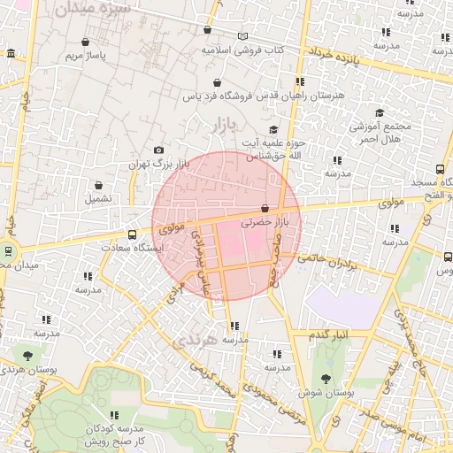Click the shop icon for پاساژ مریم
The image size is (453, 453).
tap(85, 42)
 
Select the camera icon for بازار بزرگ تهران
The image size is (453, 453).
tap(158, 150)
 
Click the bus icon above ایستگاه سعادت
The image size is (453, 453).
tap(132, 234)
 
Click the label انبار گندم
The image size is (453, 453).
tap(329, 335)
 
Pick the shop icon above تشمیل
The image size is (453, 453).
tap(98, 186)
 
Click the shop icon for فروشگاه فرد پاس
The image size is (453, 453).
tap(216, 82)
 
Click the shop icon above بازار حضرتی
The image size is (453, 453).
tap(265, 209)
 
